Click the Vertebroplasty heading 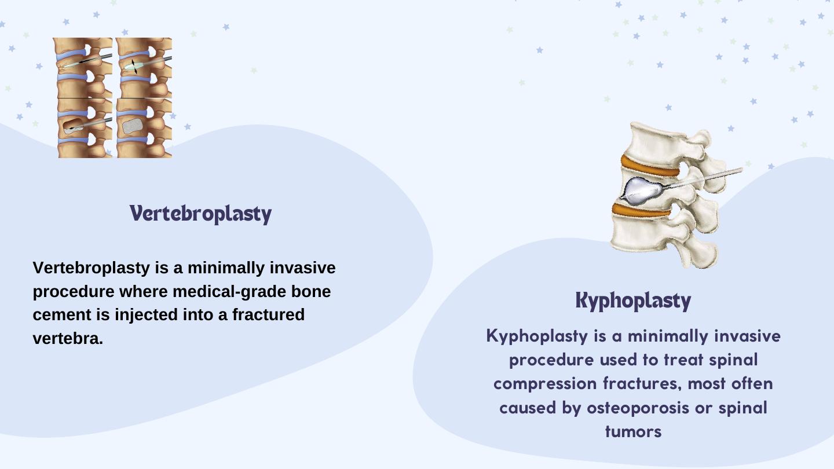(200, 214)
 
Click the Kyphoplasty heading (634, 301)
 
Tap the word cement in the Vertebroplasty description (62, 315)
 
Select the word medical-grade (230, 291)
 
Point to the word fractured (269, 314)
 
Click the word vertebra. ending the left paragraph (68, 339)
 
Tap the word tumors (634, 432)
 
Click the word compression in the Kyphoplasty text (545, 384)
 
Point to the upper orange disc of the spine (650, 167)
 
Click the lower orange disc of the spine (642, 210)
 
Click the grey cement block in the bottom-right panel (133, 126)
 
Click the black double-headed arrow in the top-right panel (134, 66)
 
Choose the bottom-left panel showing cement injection (85, 128)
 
